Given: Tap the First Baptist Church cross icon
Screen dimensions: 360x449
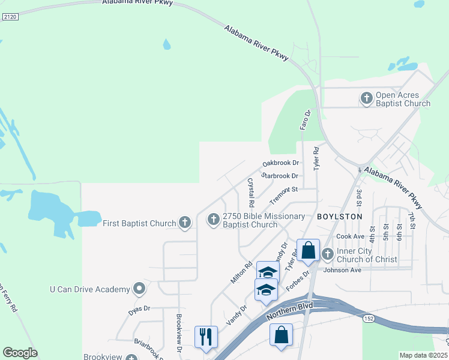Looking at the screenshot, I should (185, 223).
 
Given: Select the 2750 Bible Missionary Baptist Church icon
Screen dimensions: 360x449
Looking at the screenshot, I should (213, 220).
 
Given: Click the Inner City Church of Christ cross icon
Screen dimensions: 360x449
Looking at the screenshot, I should (328, 254).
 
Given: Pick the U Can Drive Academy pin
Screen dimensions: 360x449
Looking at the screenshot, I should (139, 289).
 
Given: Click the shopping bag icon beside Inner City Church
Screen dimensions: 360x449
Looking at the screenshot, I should (308, 250).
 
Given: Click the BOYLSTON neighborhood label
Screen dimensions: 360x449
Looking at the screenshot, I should (340, 216).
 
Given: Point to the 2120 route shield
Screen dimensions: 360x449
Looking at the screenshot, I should (10, 17).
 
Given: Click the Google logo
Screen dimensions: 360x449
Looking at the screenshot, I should (20, 352).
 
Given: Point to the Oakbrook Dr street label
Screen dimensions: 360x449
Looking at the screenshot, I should (280, 163).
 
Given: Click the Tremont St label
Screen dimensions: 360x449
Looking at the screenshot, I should (284, 194).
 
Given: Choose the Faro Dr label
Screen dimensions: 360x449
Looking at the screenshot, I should (304, 119).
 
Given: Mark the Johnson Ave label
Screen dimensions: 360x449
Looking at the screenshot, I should (342, 270).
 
